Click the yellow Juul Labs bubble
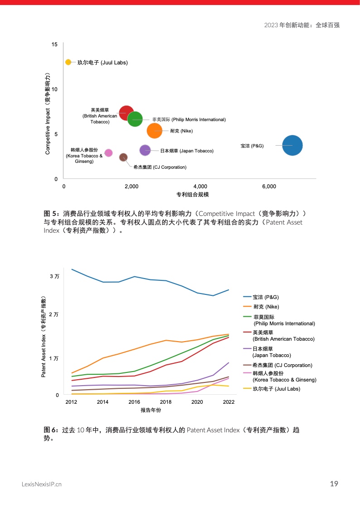[68, 62]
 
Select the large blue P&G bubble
[292, 146]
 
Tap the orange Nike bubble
[155, 131]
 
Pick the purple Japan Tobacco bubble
[145, 150]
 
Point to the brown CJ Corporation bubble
[123, 157]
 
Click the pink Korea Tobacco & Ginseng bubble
[108, 153]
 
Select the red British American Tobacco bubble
[126, 113]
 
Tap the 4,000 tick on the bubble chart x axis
[200, 186]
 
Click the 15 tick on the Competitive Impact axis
[54, 44]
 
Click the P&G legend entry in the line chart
[266, 297]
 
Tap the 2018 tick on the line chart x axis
[165, 402]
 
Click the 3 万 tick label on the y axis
[54, 276]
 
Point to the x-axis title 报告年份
[151, 411]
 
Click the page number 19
[334, 484]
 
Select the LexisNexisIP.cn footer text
[42, 485]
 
